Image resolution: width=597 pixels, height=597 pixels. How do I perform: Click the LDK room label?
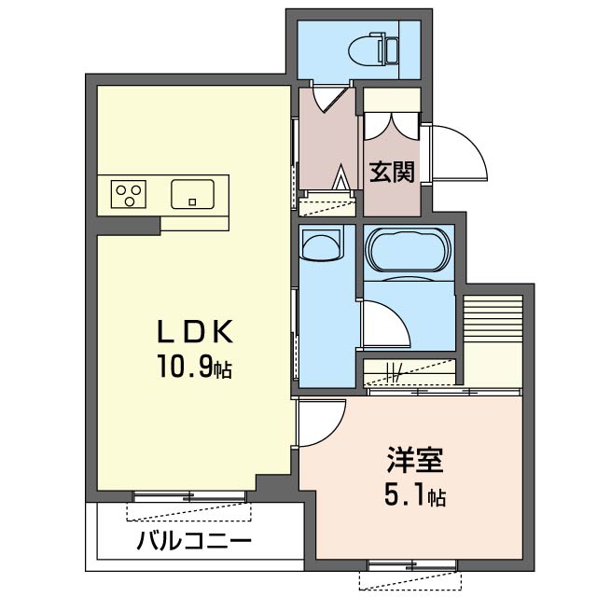coord(195,332)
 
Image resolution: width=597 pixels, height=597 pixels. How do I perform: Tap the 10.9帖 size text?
coord(195,367)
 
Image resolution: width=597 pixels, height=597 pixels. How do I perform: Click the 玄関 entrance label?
coord(392,172)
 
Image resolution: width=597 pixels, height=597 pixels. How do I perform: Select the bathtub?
coord(408,249)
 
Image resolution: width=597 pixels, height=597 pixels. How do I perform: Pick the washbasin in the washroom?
coord(321,246)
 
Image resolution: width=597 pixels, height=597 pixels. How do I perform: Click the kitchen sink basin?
coord(193,194)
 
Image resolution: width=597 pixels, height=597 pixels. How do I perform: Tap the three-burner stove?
coord(129,194)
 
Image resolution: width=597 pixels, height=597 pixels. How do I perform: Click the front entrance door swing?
coord(458,153)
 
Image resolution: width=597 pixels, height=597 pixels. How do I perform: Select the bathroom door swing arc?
coord(385,324)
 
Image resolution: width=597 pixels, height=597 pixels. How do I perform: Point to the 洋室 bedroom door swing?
coord(322,422)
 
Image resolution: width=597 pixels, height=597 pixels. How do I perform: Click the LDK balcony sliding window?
coord(189,496)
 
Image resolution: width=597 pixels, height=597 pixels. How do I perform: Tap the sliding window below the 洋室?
coord(412,566)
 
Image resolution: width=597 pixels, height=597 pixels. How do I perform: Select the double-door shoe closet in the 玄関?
coord(392,126)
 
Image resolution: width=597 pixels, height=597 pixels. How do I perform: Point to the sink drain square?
coord(193,202)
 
